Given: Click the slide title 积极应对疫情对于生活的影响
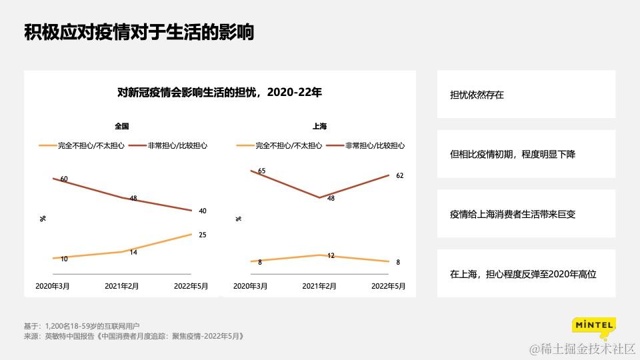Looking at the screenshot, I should pos(139,33).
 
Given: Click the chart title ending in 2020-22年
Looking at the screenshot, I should pos(219,93).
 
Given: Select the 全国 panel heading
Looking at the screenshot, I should pos(121,126).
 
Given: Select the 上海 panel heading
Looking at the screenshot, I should pos(320,126).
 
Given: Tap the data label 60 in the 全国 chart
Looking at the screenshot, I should pos(64,179).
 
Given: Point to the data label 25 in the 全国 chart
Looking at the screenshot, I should pos(203,235).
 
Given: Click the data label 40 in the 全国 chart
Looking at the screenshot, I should pos(203,211).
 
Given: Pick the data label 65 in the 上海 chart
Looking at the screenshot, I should pos(261,171).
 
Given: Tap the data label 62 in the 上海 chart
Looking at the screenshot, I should pos(400,176).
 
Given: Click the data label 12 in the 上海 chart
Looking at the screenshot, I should pos(331,256).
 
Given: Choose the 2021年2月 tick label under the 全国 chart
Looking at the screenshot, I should pos(122,286).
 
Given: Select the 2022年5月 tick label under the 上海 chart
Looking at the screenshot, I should pos(389,286).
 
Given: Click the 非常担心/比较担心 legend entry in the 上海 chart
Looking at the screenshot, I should pos(375,145).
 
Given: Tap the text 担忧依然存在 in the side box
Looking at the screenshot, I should pos(477,95).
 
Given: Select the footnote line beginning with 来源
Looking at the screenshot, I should pos(134,337).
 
